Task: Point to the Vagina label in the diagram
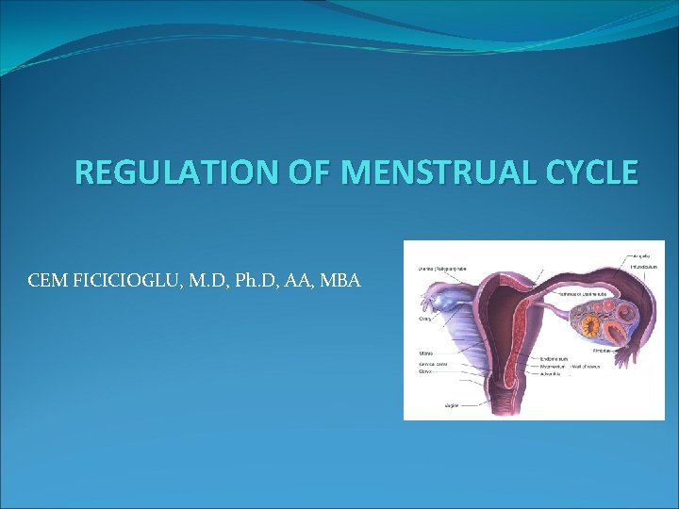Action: coord(454,404)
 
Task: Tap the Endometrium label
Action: coord(555,358)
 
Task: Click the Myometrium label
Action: coord(554,366)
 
